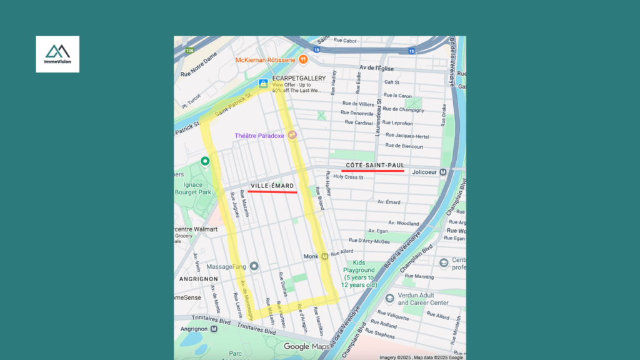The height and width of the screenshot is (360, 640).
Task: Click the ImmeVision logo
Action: [x=57, y=54]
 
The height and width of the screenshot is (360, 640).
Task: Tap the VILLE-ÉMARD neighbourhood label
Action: [x=272, y=186]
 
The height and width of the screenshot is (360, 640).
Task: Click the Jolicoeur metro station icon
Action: [x=443, y=172]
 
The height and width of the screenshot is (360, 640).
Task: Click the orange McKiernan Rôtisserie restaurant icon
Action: [x=303, y=59]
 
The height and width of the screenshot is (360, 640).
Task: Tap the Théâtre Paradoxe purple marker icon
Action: [x=292, y=135]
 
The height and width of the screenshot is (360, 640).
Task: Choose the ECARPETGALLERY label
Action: [x=299, y=78]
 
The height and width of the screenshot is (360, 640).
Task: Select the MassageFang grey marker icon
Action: [x=254, y=266]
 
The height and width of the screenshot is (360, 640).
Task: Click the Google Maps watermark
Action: [x=306, y=346]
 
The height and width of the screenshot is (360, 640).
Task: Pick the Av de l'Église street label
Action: [x=379, y=67]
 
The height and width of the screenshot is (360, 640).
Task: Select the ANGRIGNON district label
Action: [x=198, y=279]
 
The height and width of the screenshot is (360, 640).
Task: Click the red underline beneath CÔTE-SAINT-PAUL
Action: [x=372, y=171]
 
